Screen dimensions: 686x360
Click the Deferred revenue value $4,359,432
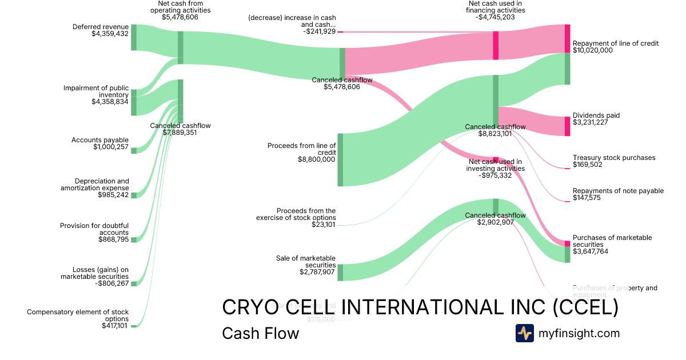click(110, 34)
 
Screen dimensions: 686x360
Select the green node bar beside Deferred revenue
click(134, 37)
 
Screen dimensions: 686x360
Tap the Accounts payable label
click(100, 140)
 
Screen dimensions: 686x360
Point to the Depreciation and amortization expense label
click(95, 185)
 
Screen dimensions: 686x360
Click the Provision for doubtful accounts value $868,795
click(113, 239)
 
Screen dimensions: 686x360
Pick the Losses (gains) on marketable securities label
click(95, 273)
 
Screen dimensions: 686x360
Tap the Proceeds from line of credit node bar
click(340, 159)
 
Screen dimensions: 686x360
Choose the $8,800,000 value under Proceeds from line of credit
click(317, 159)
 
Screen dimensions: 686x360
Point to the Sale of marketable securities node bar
click(340, 272)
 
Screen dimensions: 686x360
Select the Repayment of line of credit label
click(616, 43)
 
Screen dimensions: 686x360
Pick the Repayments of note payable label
click(618, 191)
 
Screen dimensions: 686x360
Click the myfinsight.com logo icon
click(525, 333)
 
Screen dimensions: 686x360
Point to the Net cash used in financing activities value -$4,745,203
click(494, 17)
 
